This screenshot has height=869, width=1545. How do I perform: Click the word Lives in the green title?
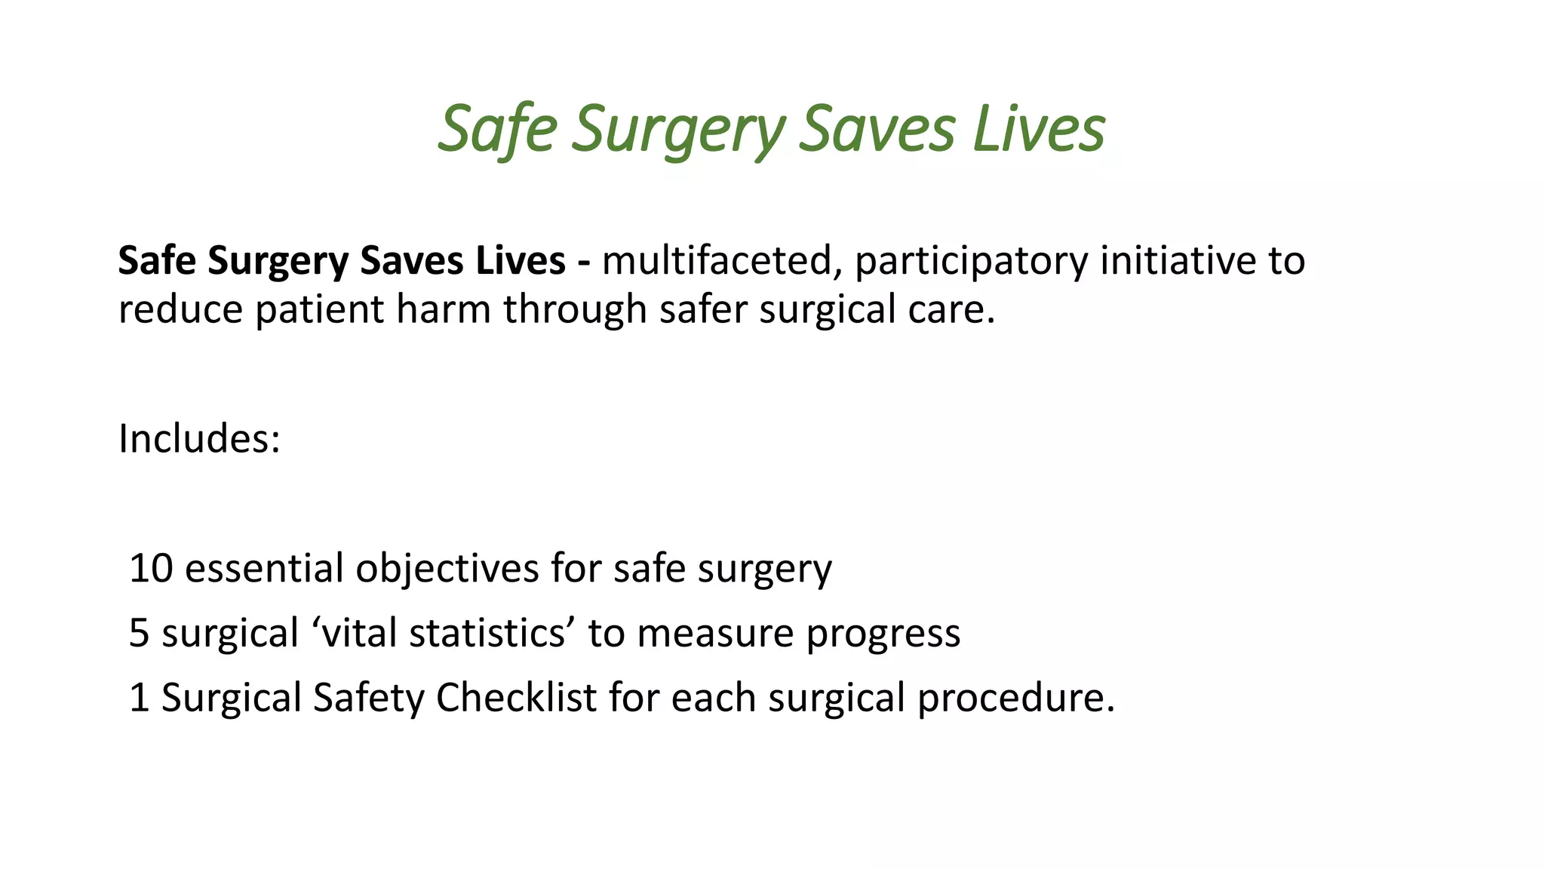(1039, 129)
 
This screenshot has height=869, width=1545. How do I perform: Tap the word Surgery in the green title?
(678, 129)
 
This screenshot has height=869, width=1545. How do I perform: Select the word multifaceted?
(717, 261)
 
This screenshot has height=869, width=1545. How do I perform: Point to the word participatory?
(972, 261)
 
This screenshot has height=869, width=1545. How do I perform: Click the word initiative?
(1177, 261)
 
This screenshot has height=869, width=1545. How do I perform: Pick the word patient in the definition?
(320, 310)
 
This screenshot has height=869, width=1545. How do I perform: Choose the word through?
(575, 310)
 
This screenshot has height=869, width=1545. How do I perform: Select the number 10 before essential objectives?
(151, 568)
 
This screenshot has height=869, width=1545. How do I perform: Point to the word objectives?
(447, 568)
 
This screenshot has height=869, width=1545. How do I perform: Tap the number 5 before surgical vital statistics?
(140, 633)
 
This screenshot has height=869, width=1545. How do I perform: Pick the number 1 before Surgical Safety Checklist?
(139, 698)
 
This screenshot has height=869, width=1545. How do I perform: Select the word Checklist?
(516, 698)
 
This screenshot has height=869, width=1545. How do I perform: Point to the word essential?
(264, 568)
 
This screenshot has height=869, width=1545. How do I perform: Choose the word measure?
(716, 633)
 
